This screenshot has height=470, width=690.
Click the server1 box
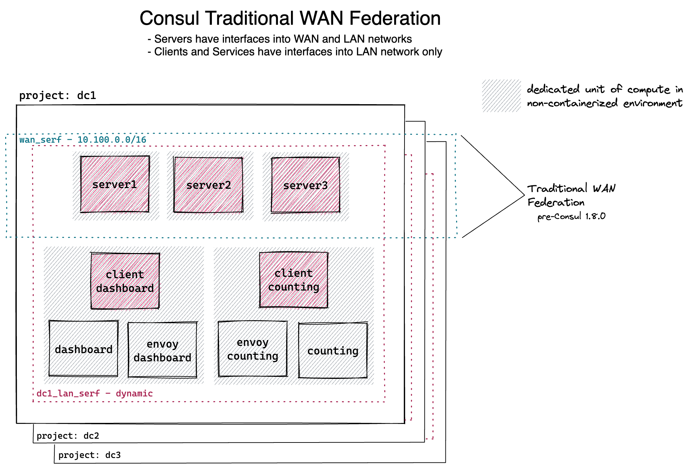point(115,184)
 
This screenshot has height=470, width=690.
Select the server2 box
point(208,185)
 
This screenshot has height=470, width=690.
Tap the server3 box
point(305,185)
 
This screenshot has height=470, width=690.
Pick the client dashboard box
point(125,281)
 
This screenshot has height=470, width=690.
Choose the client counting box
point(293,280)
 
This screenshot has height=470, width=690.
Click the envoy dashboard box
point(162,350)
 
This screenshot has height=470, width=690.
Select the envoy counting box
point(253,349)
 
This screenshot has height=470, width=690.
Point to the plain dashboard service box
point(84,349)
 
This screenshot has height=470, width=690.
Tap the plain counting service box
point(333,350)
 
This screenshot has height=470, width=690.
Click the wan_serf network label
point(83,140)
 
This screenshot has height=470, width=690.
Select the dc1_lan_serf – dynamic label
point(95,393)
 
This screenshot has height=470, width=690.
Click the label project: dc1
point(57,95)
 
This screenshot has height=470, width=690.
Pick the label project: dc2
point(68,436)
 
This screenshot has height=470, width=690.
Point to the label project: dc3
point(89,455)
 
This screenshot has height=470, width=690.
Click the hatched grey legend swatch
point(502,96)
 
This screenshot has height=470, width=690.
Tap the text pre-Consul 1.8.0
point(571,216)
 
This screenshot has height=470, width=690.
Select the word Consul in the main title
point(169,18)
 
